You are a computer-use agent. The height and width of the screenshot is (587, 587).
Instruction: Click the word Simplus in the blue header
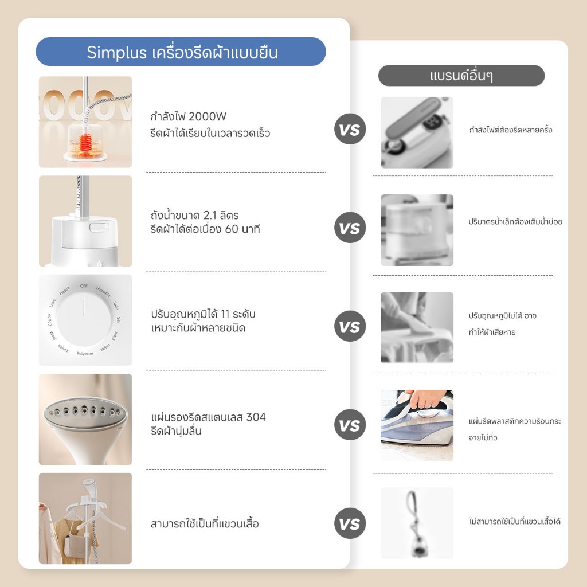pos(116,52)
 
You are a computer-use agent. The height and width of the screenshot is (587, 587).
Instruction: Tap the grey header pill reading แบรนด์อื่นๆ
pos(461,76)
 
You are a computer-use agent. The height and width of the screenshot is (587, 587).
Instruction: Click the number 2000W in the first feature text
pos(208,116)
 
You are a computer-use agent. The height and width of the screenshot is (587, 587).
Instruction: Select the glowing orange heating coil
pos(86,142)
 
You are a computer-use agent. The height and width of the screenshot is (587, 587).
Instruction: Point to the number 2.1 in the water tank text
pos(210,216)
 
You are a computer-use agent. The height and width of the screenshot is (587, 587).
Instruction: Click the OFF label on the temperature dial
pos(84,286)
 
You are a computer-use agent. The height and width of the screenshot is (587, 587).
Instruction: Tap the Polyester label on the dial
pos(85,353)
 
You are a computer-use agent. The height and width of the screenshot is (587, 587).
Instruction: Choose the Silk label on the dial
pos(118,320)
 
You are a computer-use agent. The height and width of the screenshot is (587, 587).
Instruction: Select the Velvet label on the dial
pos(63,349)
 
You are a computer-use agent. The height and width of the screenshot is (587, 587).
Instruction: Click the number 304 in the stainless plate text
pos(256,417)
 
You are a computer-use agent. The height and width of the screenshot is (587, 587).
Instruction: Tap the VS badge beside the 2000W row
pos(350,129)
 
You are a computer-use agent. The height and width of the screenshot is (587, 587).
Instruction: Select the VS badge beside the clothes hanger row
pos(350,523)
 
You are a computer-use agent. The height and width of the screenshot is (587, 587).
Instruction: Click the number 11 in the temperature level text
pos(225,314)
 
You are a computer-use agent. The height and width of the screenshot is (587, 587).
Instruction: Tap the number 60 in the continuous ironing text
pos(232,229)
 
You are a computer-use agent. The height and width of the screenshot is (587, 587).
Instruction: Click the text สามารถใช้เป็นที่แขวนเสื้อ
pos(205,523)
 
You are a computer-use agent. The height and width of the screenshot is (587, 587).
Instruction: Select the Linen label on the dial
pos(53,303)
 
